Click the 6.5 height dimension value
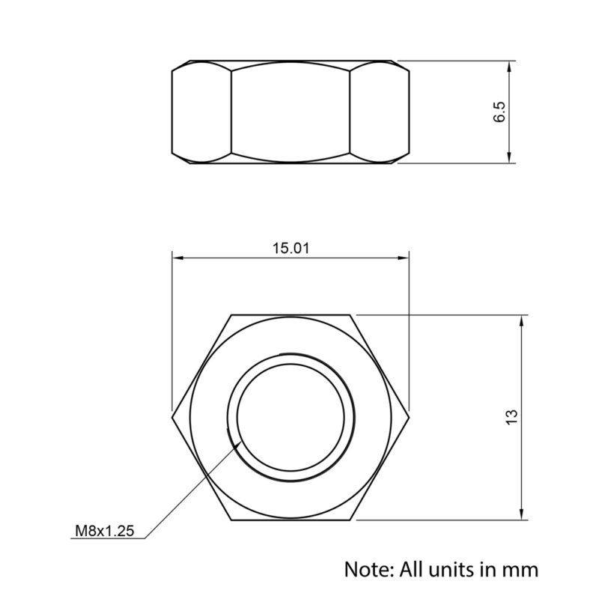pyautogui.click(x=500, y=112)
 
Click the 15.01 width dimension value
pyautogui.click(x=291, y=249)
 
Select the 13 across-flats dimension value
pyautogui.click(x=511, y=417)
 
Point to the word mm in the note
pyautogui.click(x=522, y=569)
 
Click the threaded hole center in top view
pyautogui.click(x=291, y=417)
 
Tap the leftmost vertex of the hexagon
pyautogui.click(x=172, y=417)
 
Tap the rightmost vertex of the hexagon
pyautogui.click(x=410, y=417)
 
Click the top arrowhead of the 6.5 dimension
pyautogui.click(x=510, y=67)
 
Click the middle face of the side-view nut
pyautogui.click(x=291, y=112)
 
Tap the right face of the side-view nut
pyautogui.click(x=380, y=112)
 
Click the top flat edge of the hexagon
pyautogui.click(x=291, y=314)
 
